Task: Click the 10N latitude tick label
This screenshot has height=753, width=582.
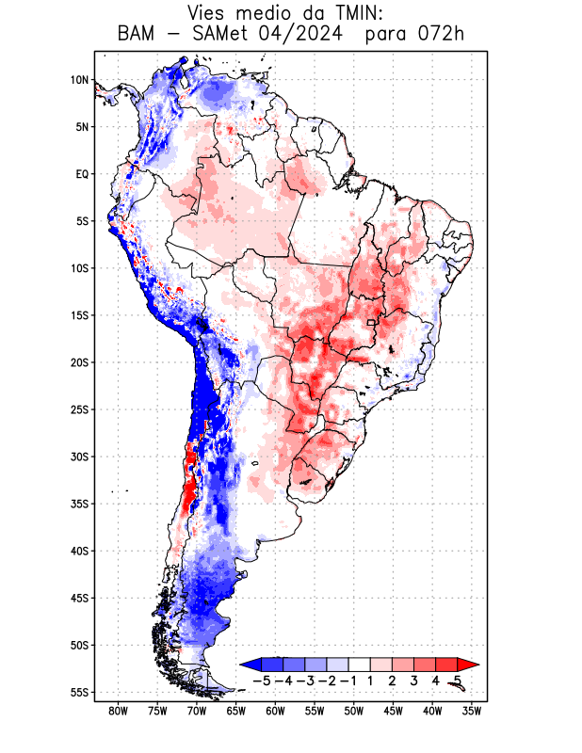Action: (79, 80)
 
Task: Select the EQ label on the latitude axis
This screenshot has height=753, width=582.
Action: (82, 174)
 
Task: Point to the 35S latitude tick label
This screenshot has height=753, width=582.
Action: (79, 504)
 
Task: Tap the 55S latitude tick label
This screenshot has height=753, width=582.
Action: (79, 692)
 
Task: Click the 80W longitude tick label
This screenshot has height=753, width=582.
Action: (118, 711)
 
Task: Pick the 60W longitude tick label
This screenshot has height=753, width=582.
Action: (275, 711)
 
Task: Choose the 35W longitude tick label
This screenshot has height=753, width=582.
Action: (472, 711)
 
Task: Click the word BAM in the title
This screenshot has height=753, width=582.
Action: (138, 35)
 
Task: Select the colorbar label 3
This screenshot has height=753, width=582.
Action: (416, 681)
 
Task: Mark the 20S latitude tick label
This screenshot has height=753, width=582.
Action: (79, 362)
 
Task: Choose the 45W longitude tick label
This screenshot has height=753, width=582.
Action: (393, 711)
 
